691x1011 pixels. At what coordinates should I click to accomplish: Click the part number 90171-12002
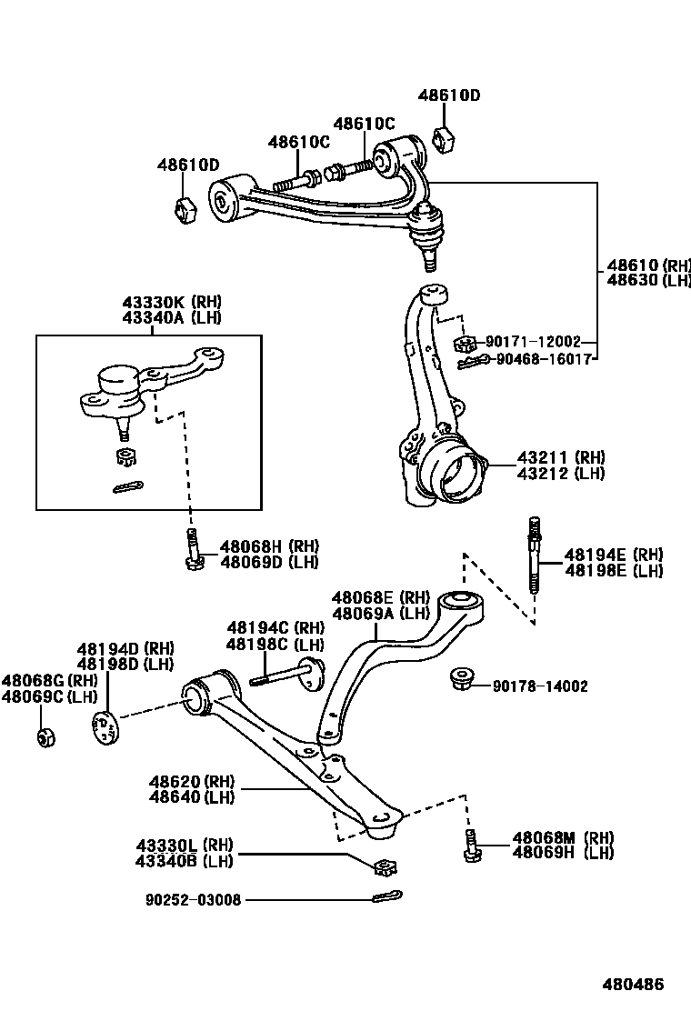(533, 342)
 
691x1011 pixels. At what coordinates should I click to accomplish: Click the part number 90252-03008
(194, 899)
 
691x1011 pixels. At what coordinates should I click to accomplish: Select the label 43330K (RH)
(172, 302)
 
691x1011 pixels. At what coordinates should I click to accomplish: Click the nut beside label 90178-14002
(463, 679)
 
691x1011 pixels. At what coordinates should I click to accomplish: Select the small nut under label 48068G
(46, 736)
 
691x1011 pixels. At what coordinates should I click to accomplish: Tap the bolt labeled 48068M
(471, 845)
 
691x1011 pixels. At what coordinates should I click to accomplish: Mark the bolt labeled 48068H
(192, 550)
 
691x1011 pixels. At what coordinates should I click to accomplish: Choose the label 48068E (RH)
(380, 597)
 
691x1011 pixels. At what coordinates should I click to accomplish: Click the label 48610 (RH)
(649, 265)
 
